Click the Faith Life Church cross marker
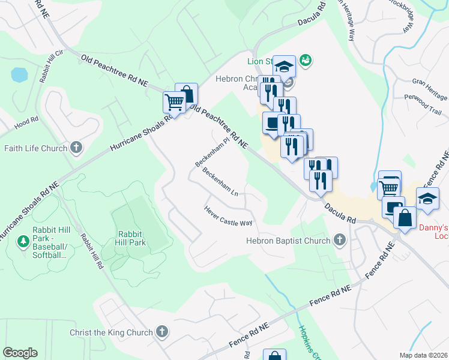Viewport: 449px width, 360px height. coord(76,148)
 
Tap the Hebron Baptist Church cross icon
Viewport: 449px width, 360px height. coord(339,241)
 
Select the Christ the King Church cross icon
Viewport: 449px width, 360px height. coord(161,332)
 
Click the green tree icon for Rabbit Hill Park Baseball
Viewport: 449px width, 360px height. coord(23,241)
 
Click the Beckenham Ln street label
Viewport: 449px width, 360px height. coord(221,182)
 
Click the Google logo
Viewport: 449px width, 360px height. coord(20,353)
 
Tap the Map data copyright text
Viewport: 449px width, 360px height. coord(424,355)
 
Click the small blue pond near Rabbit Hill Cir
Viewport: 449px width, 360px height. coord(19,75)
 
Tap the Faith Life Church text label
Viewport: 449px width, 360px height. coord(35,148)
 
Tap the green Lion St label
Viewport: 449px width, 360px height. coord(260,61)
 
